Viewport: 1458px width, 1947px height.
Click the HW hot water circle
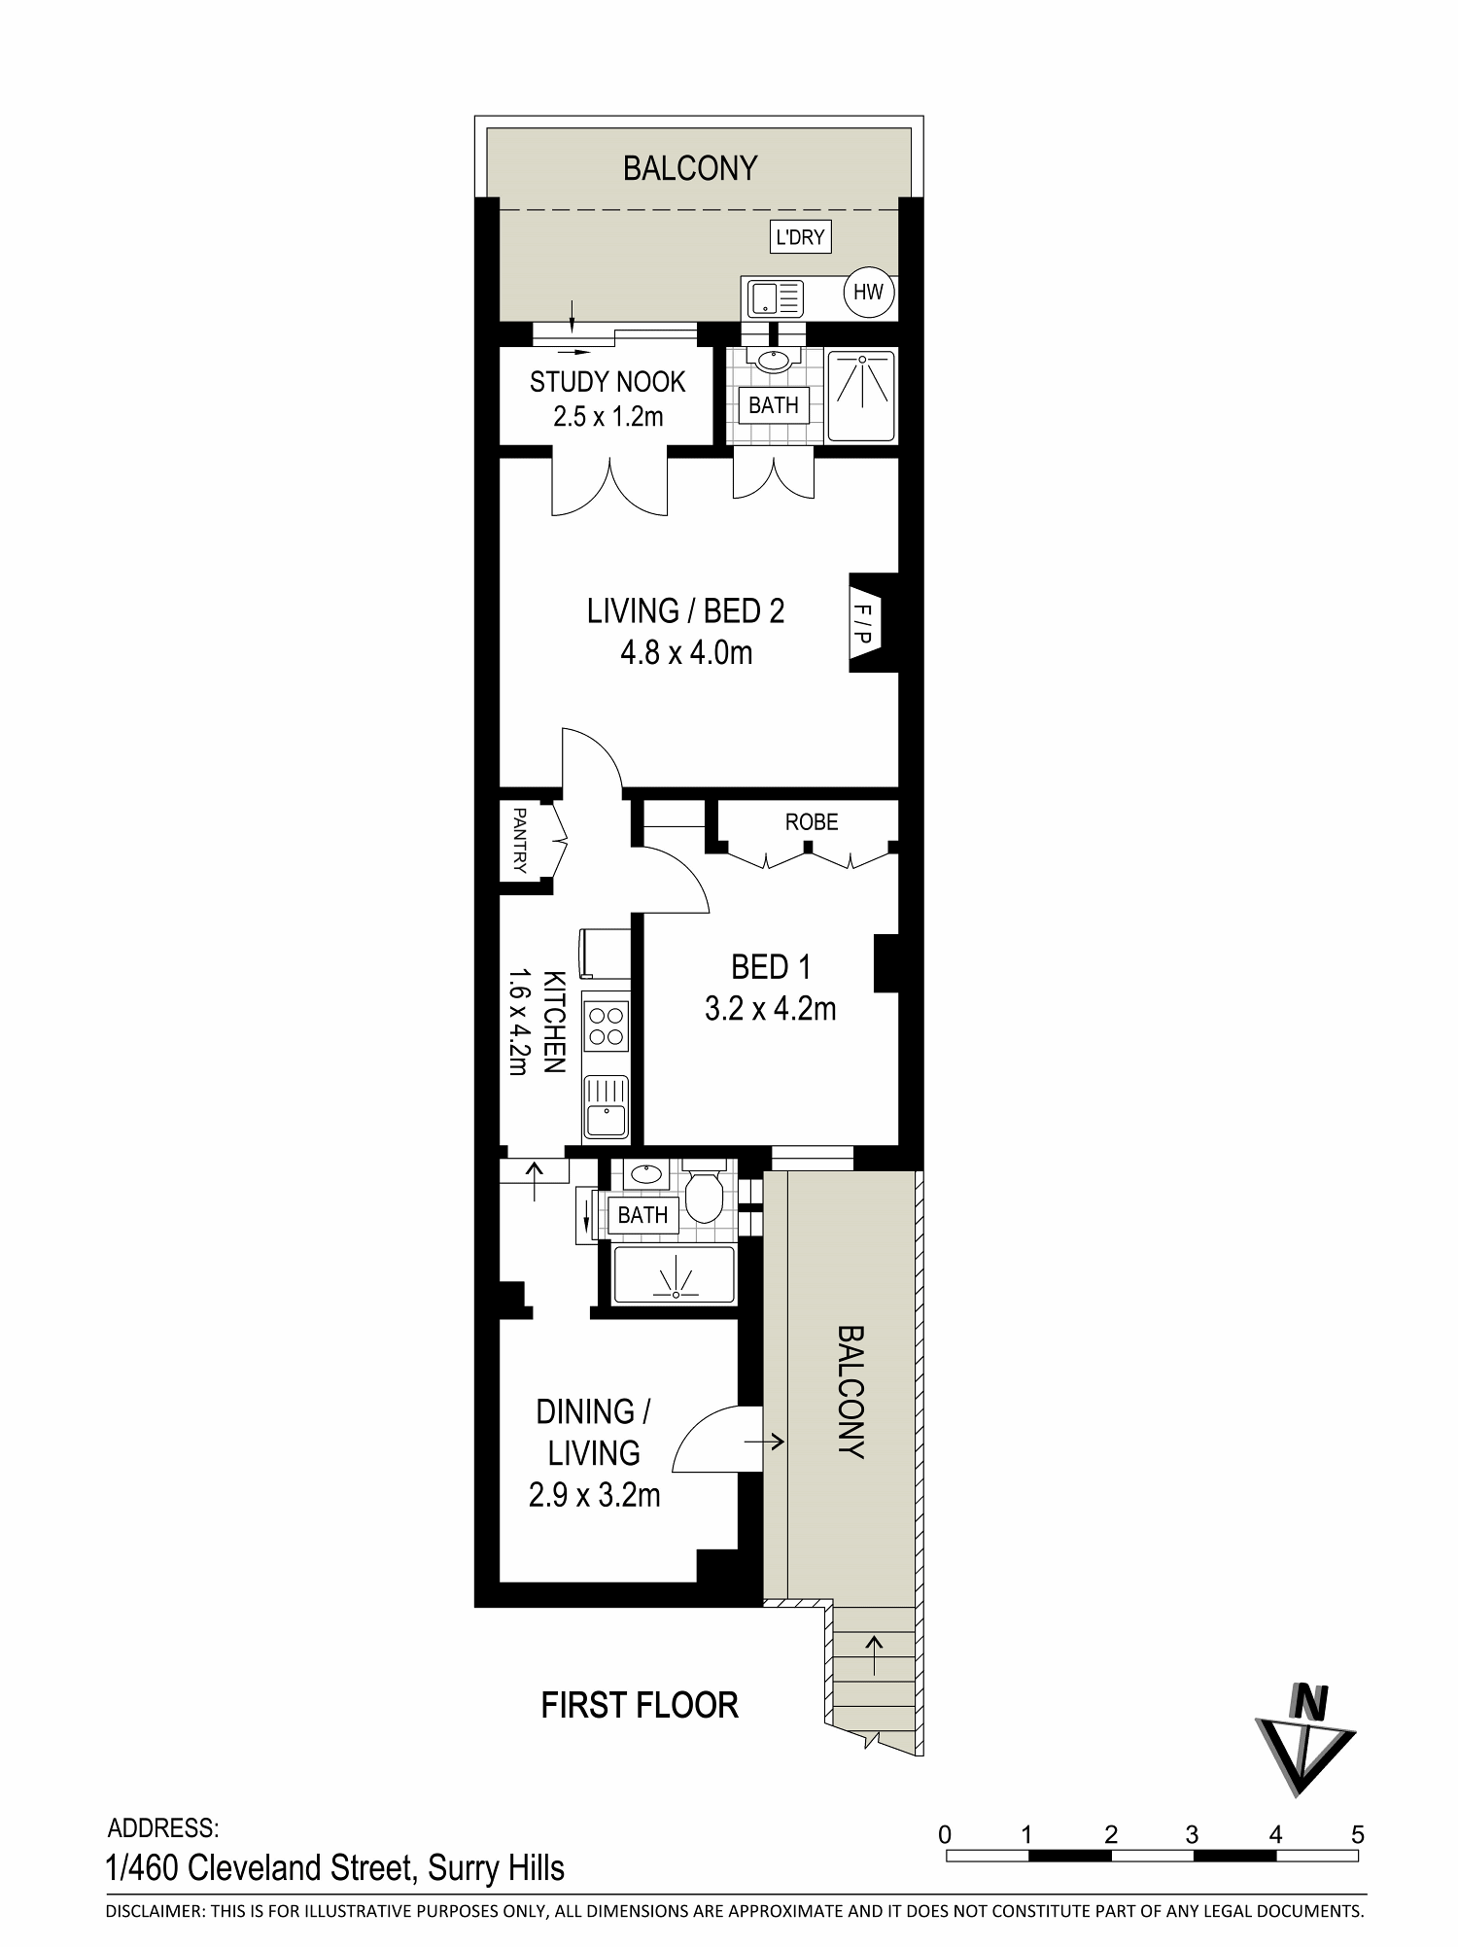click(869, 292)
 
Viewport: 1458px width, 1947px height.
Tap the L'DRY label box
click(800, 236)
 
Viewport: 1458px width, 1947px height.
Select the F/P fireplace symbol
click(864, 623)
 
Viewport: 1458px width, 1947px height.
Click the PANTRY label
click(520, 841)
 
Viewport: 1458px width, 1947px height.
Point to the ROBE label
click(812, 822)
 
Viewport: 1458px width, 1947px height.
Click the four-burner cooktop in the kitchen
click(607, 1026)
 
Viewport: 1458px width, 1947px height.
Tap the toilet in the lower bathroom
click(703, 1192)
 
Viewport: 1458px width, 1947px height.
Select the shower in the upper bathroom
click(861, 394)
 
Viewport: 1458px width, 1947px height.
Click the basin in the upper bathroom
click(774, 361)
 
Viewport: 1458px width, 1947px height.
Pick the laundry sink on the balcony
click(775, 297)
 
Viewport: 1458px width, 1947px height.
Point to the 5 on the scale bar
click(1358, 1835)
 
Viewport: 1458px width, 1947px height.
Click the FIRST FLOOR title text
click(640, 1705)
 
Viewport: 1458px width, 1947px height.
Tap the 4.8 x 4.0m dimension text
click(686, 652)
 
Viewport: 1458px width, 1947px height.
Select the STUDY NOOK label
click(607, 382)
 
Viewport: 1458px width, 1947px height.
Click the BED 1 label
click(771, 967)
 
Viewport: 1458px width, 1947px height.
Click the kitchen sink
click(607, 1108)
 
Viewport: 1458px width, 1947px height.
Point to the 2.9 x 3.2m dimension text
click(594, 1494)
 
